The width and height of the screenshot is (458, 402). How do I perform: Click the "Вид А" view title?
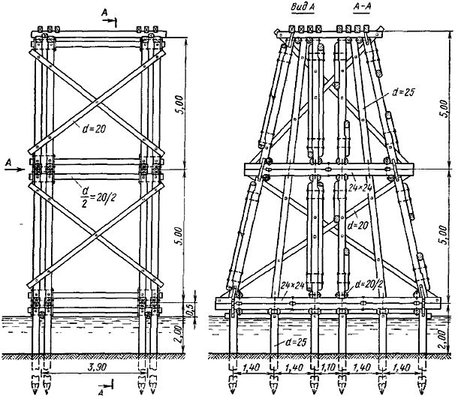click(303, 7)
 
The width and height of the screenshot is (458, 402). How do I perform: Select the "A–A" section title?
click(362, 7)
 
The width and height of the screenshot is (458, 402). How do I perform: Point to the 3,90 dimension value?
click(97, 367)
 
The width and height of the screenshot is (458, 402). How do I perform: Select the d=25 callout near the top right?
click(402, 92)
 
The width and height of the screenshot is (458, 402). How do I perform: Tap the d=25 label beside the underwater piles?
click(296, 342)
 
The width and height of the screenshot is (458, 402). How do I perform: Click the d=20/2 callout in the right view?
click(369, 284)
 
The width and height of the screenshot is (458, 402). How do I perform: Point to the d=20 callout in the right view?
click(358, 226)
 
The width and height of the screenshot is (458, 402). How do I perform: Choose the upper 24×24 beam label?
click(360, 189)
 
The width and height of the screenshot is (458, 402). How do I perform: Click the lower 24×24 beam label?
click(292, 284)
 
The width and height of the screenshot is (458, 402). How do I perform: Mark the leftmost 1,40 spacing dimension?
click(252, 367)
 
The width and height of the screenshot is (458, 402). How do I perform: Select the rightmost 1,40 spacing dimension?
click(402, 367)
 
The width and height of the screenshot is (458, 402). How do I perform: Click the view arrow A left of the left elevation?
click(14, 166)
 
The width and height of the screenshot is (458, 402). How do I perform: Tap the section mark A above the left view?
click(110, 16)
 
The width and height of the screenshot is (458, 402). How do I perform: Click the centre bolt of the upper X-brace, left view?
click(97, 102)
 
